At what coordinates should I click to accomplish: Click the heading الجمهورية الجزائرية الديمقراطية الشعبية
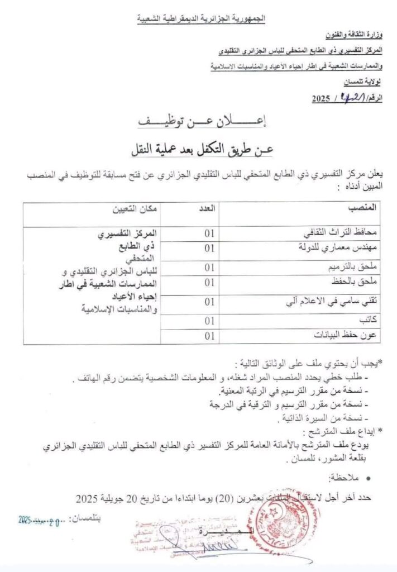202,19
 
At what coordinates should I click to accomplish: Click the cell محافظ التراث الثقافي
346,231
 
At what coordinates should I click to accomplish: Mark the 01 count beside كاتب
209,320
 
